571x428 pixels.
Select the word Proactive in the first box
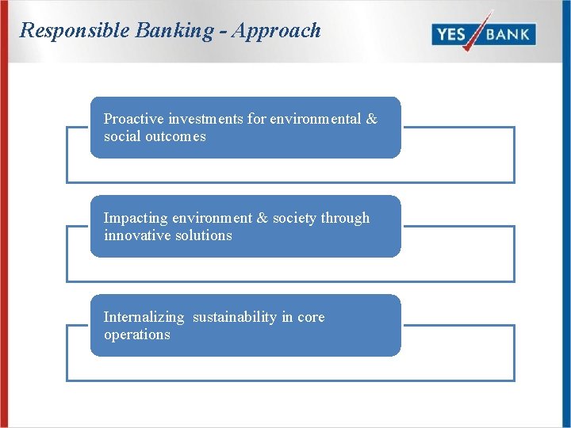[134, 119]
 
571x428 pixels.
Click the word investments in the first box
[205, 119]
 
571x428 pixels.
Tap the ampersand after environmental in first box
[371, 119]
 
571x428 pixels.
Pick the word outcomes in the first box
[175, 136]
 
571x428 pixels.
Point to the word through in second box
[345, 218]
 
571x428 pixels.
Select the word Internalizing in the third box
[143, 317]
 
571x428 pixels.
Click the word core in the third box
[311, 317]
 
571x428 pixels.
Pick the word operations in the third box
[136, 334]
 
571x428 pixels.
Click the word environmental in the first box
[315, 119]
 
